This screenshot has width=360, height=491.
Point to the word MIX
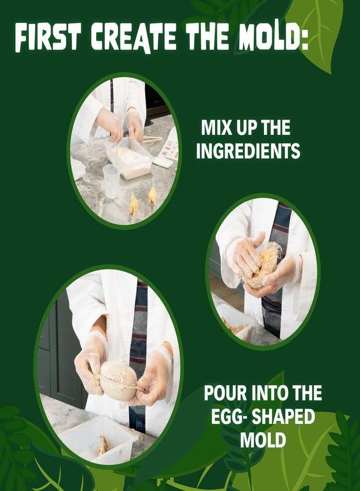(x=215, y=129)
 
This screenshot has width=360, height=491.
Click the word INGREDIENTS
(x=248, y=151)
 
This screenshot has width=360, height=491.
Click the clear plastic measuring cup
(x=111, y=181)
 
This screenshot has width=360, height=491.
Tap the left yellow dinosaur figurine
(x=134, y=205)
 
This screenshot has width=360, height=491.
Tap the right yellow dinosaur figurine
(x=152, y=195)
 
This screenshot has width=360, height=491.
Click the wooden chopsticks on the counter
(x=151, y=140)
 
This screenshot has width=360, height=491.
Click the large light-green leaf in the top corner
(x=319, y=27)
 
